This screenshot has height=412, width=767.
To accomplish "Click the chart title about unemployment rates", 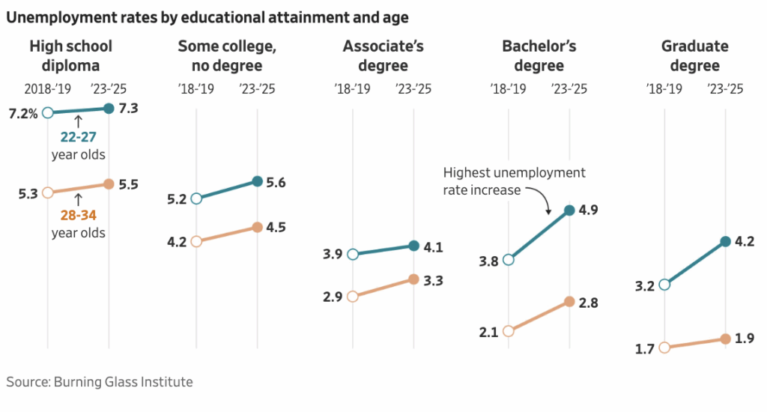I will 207,16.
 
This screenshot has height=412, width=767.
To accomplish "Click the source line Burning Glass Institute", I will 100,382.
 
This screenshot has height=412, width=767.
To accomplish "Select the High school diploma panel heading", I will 70,55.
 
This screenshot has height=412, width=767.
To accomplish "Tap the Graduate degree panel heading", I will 694,55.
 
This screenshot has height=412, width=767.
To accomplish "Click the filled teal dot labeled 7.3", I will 109,109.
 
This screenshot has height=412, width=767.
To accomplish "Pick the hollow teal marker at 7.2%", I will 48,112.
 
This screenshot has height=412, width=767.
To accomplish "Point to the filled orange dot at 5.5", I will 109,184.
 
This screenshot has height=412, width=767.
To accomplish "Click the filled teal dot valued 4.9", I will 569,210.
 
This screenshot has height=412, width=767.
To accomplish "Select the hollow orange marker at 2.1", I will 509,331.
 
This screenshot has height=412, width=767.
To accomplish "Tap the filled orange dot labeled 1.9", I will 725,339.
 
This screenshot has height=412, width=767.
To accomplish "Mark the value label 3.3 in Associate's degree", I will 434,281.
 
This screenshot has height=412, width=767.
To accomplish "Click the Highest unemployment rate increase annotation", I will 514,181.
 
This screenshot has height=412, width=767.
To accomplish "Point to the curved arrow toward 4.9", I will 541,198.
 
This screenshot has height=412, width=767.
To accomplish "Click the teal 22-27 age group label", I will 78,136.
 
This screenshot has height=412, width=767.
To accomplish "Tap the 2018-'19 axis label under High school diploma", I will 47,89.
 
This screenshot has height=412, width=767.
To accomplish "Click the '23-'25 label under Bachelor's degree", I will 569,89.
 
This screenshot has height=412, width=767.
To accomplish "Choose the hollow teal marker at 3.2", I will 664,285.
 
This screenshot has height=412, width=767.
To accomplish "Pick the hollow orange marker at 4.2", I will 196,241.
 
